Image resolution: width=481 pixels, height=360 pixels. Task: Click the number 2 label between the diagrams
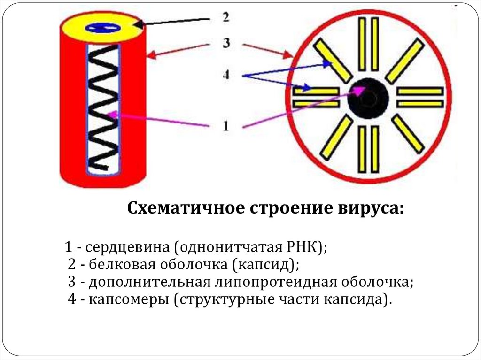[x=226, y=18]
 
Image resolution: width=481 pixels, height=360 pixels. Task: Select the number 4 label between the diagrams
[x=226, y=75]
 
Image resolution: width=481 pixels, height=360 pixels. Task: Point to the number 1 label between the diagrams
[x=225, y=126]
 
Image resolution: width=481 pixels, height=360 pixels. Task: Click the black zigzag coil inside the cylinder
[x=104, y=108]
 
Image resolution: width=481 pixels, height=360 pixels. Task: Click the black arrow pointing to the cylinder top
[x=174, y=22]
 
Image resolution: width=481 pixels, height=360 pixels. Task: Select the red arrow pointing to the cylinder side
[x=177, y=51]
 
